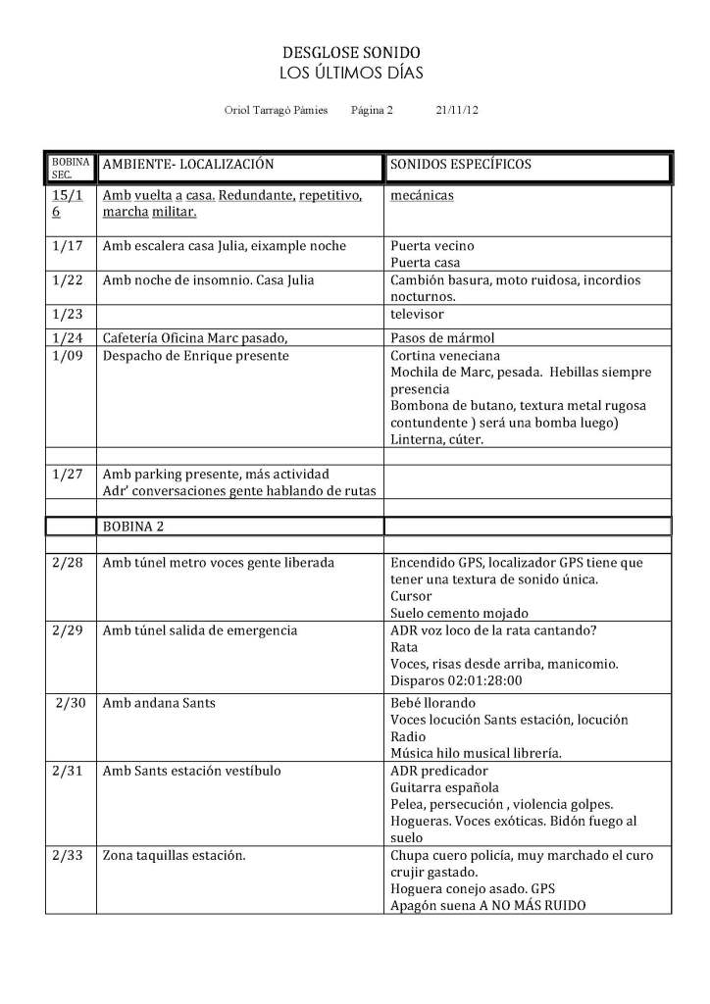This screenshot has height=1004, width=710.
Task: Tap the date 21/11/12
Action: click(456, 111)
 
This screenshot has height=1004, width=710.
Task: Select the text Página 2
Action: click(371, 111)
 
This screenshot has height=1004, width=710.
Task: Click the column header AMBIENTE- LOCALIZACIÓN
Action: click(188, 164)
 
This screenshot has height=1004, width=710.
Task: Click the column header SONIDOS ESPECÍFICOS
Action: click(461, 164)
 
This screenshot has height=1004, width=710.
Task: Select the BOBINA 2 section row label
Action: click(133, 526)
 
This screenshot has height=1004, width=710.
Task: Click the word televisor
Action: click(418, 315)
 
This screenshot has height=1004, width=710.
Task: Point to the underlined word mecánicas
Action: click(422, 195)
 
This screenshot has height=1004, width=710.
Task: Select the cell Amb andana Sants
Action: click(159, 704)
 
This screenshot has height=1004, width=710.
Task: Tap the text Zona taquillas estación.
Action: click(173, 855)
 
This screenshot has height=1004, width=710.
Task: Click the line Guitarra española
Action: click(444, 787)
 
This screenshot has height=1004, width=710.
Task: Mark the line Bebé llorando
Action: click(432, 704)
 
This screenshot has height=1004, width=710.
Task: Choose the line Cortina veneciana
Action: click(443, 355)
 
